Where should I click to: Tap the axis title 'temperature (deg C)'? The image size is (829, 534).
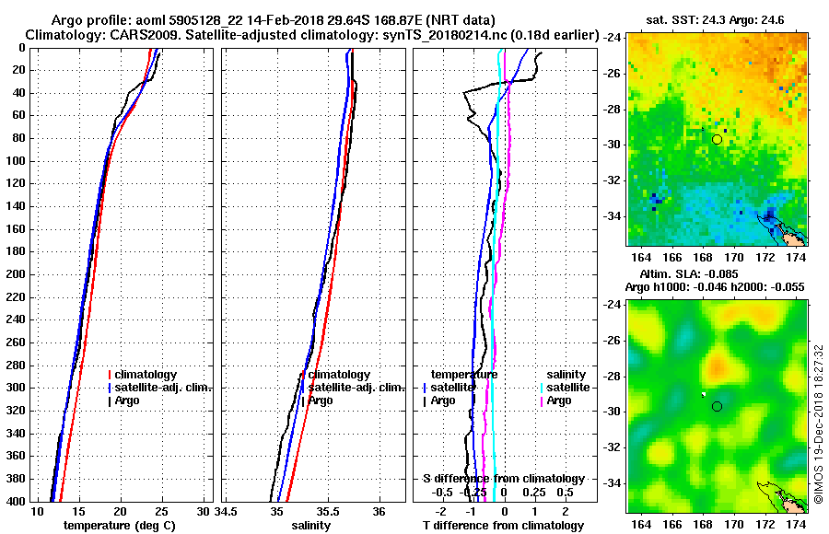pos(119,525)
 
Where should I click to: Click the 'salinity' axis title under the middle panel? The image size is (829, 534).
pos(310,525)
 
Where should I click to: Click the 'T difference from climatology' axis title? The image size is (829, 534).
pos(503,525)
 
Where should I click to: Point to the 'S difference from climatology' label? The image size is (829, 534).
pos(503,479)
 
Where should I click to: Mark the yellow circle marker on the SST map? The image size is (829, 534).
pos(718,139)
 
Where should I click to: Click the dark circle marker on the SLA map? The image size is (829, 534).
pos(717,406)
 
